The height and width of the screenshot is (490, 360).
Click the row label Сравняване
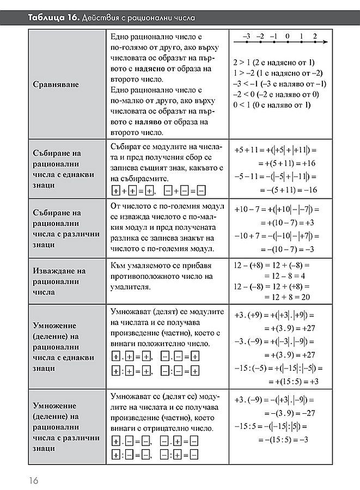coord(56,84)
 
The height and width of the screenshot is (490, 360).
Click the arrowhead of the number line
coord(324,43)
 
